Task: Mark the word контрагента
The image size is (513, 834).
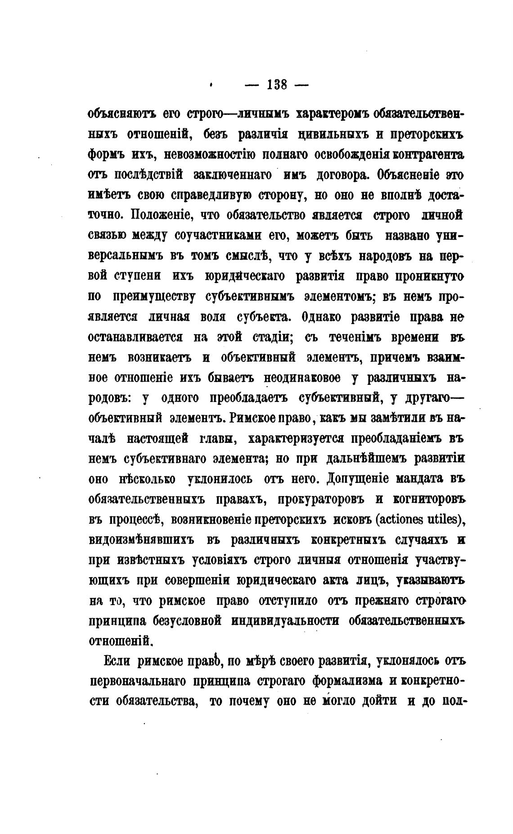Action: (428, 155)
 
